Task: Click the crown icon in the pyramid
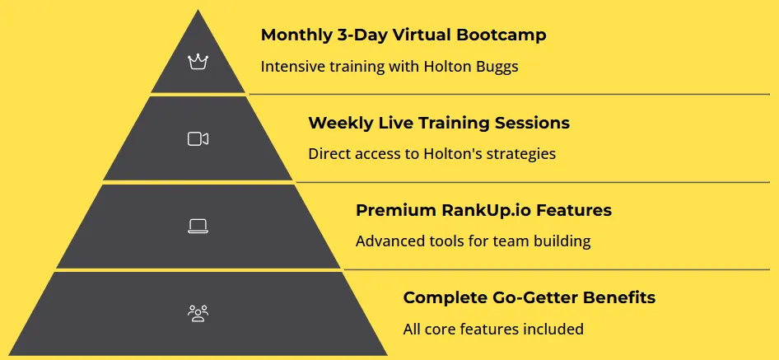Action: pyautogui.click(x=198, y=62)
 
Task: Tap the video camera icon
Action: pyautogui.click(x=198, y=138)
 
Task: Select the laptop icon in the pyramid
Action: pyautogui.click(x=198, y=227)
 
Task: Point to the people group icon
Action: pyautogui.click(x=198, y=313)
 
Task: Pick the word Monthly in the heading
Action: pyautogui.click(x=293, y=35)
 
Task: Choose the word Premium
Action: pyautogui.click(x=396, y=210)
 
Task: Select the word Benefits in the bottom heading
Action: pyautogui.click(x=619, y=298)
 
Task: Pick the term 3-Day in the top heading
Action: pyautogui.click(x=354, y=35)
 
